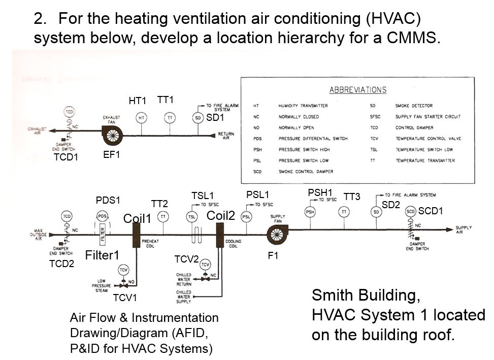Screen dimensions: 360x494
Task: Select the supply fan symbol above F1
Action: [x=278, y=233]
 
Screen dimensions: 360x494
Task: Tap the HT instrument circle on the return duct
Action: [x=142, y=117]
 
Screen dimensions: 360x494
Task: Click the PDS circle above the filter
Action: [x=102, y=216]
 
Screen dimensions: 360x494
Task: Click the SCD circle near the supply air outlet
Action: [x=411, y=211]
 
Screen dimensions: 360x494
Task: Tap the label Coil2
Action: [x=221, y=215]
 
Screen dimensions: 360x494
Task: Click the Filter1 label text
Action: [x=102, y=255]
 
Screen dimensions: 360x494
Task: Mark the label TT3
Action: [x=351, y=197]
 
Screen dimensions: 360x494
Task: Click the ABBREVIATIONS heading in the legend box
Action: [x=357, y=90]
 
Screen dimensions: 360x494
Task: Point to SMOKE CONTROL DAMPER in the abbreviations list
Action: [x=304, y=172]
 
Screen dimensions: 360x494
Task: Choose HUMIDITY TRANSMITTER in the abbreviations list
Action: [x=303, y=106]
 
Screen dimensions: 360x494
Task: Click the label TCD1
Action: [x=66, y=157]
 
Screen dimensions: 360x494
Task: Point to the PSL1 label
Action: [x=257, y=194]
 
